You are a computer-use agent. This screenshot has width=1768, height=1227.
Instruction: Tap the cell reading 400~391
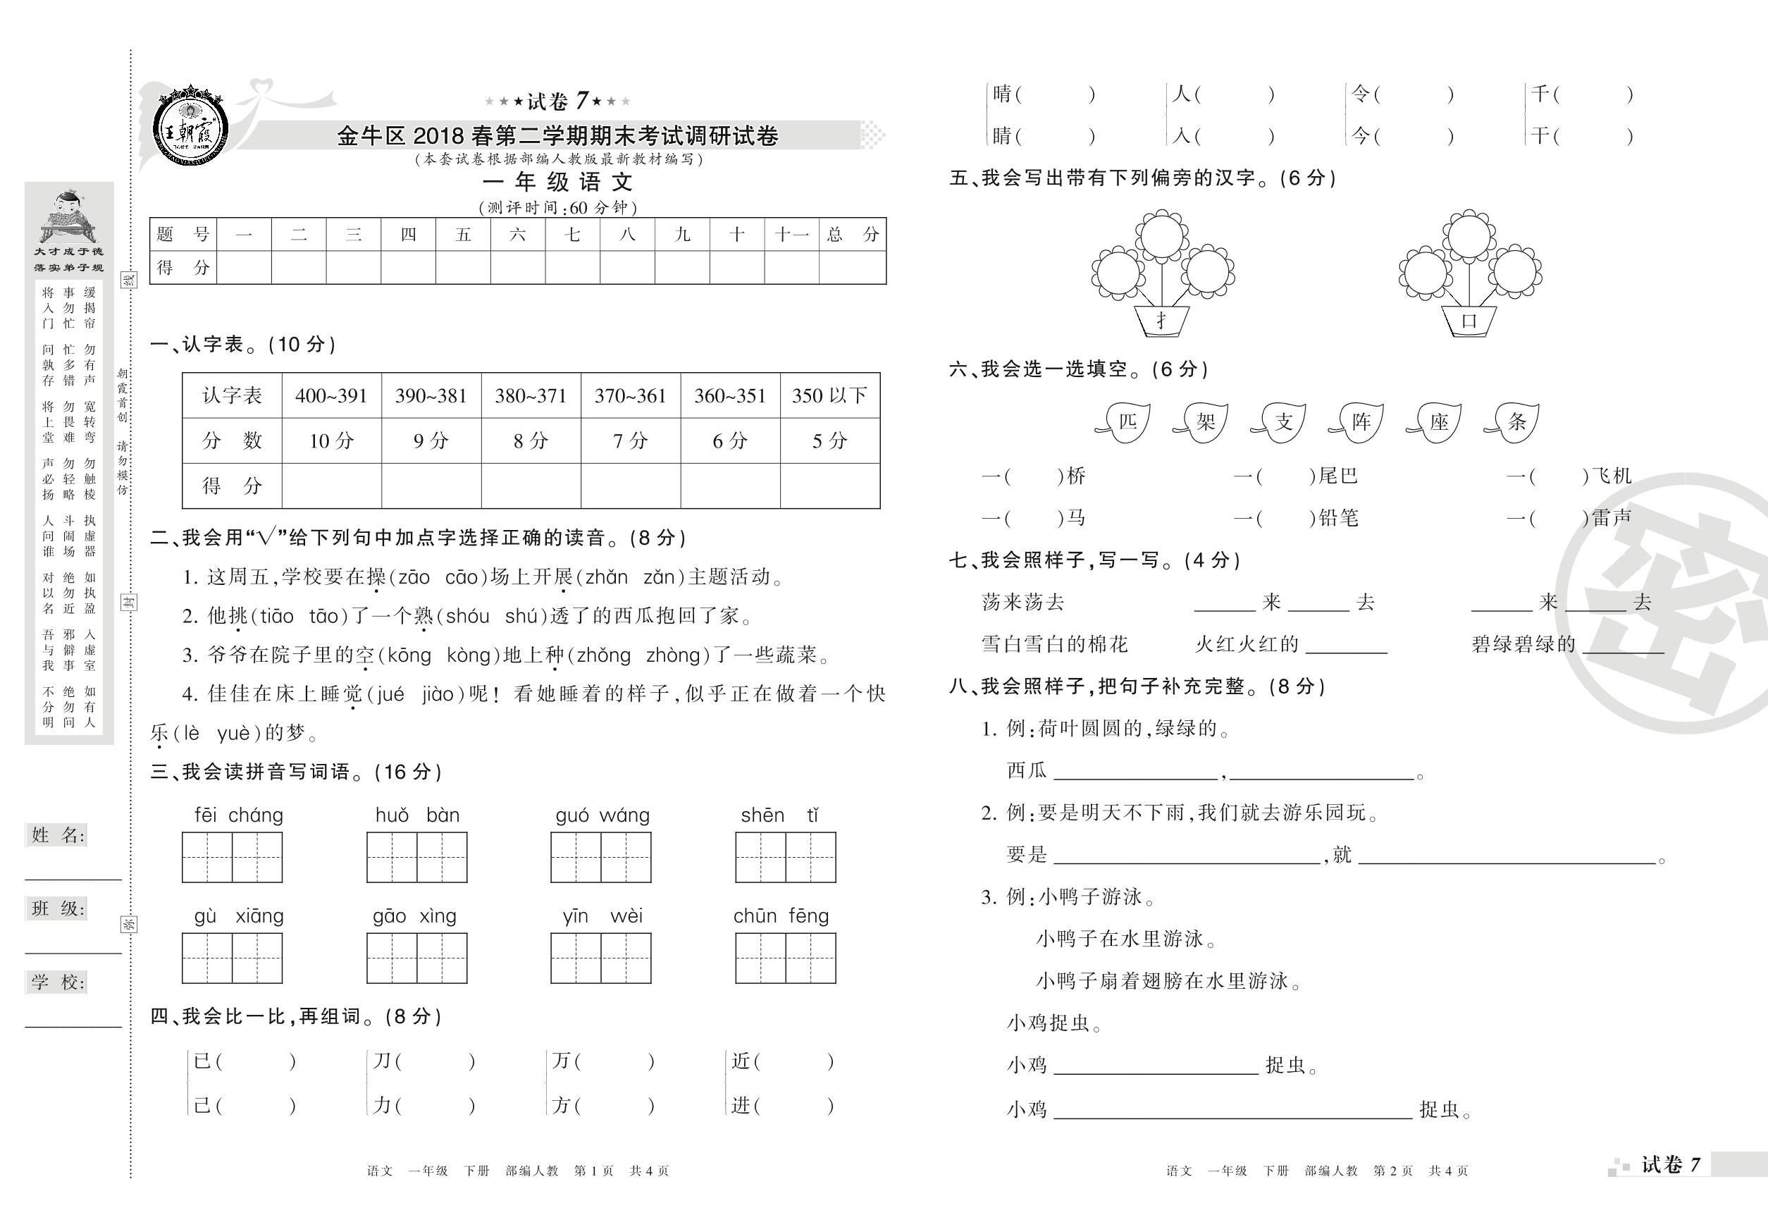coord(331,396)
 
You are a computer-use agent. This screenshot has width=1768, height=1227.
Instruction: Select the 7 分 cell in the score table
coord(631,440)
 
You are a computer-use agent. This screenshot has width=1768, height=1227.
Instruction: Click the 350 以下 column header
coord(829,396)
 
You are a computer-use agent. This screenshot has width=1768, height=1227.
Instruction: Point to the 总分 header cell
coord(853,235)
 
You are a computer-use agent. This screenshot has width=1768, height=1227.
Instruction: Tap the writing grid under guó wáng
coord(600,856)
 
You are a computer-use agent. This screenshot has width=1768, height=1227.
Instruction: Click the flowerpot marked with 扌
coord(1161,321)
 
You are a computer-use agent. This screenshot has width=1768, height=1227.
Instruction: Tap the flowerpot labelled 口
coord(1469,321)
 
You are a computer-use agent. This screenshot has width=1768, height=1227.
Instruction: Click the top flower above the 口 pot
coord(1469,235)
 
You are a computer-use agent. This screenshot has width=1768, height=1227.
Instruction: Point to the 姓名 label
coord(58,836)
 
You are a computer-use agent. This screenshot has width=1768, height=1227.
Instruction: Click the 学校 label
coord(58,982)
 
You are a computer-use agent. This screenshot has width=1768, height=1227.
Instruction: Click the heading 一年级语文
coord(557,183)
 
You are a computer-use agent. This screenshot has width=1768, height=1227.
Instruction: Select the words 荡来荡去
coord(1022,602)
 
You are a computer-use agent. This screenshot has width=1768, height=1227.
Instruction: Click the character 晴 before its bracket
coord(1001,94)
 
